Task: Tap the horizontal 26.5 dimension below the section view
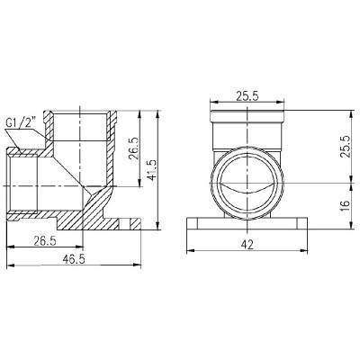45,242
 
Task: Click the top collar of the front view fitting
246,116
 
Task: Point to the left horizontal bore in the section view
40,184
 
